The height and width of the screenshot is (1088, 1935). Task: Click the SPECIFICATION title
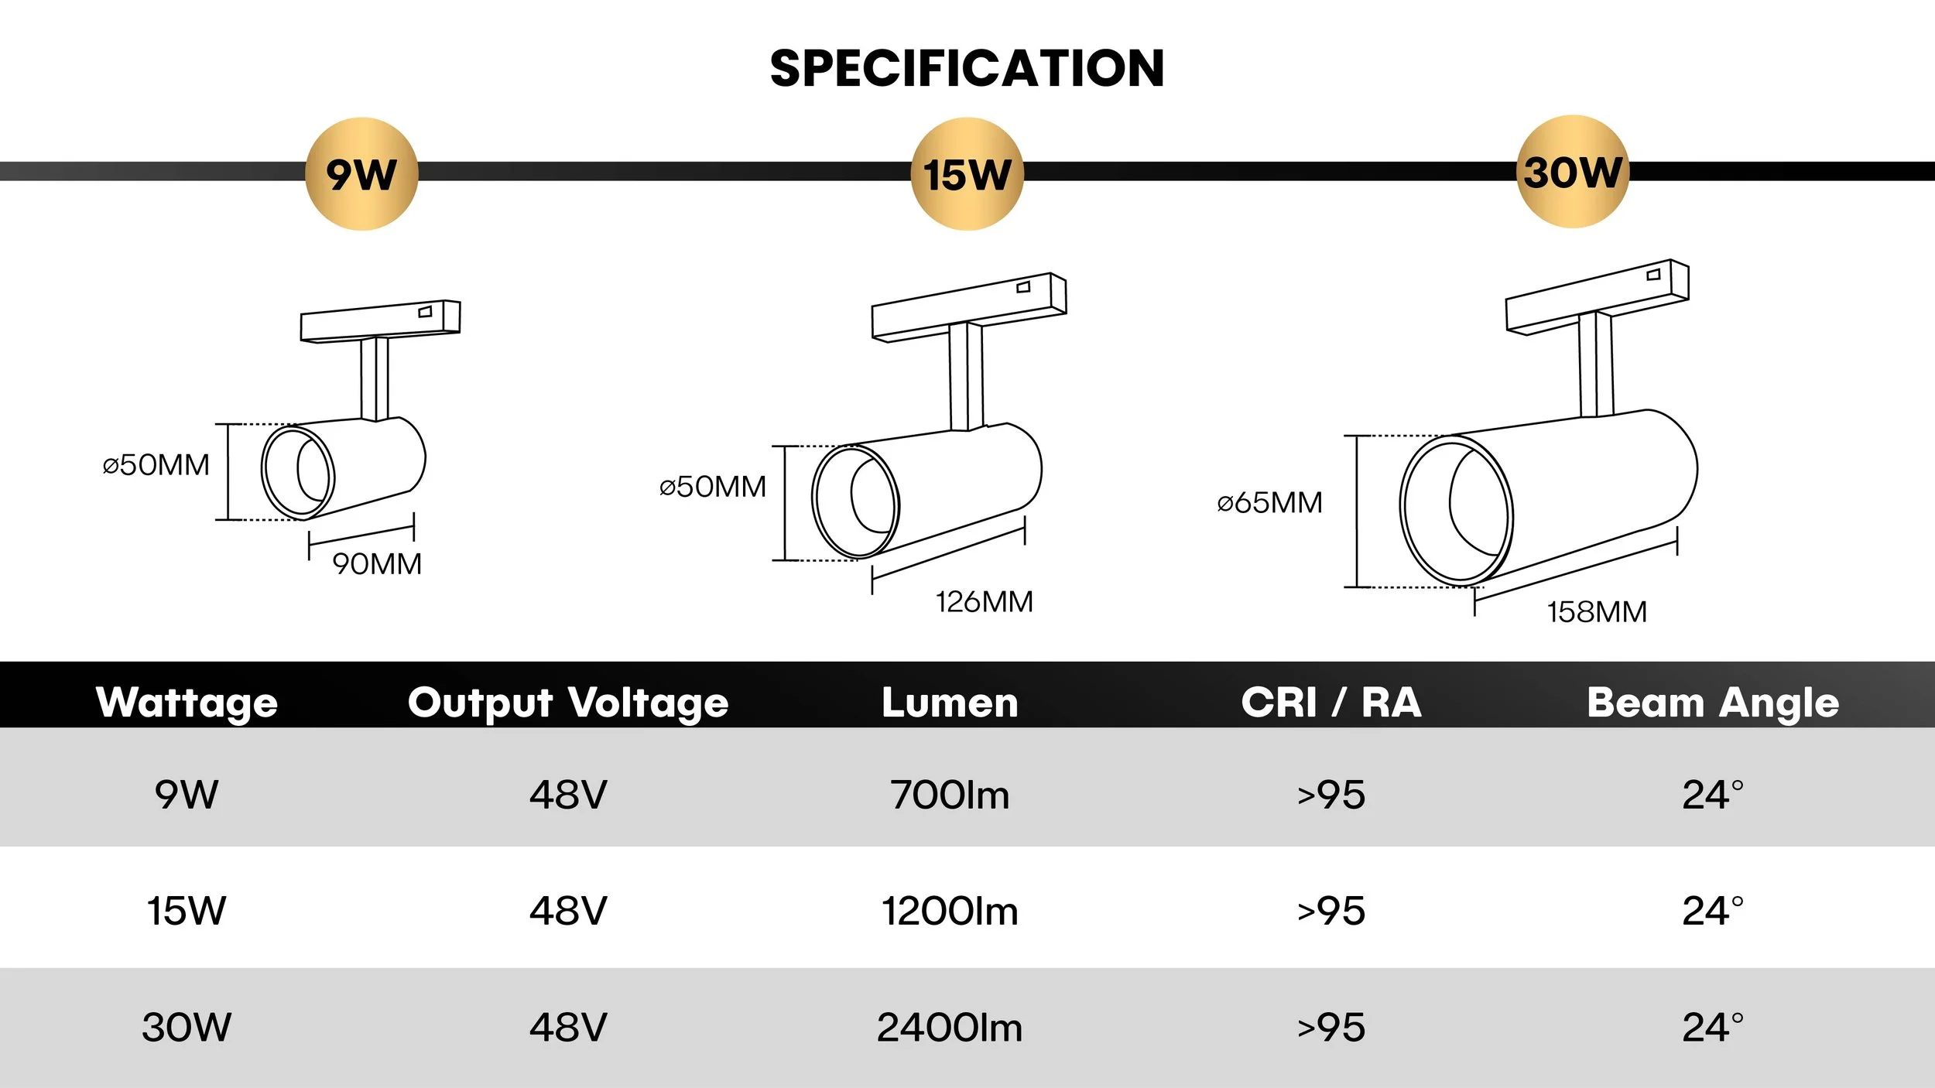click(x=967, y=68)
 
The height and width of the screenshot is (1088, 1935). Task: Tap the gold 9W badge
click(x=361, y=174)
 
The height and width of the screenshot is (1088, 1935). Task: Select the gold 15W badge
click(x=967, y=174)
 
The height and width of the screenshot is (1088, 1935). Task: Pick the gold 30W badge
click(x=1572, y=172)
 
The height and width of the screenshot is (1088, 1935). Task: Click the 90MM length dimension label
click(x=377, y=564)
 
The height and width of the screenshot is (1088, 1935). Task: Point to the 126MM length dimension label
click(x=984, y=602)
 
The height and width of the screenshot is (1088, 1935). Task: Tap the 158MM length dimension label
click(x=1597, y=612)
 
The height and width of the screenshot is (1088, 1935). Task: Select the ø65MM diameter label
click(x=1269, y=503)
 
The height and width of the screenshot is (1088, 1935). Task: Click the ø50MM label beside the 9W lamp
click(x=156, y=465)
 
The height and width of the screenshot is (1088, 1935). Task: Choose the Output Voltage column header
click(x=568, y=703)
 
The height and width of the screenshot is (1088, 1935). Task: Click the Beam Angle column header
click(x=1713, y=703)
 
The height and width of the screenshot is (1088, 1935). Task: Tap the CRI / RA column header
click(x=1331, y=703)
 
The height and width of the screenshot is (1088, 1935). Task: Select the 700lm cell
click(x=950, y=795)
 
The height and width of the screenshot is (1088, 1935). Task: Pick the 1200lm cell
click(x=950, y=911)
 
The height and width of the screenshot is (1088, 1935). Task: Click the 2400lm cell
click(x=950, y=1028)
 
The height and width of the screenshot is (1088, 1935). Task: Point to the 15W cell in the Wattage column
click(x=187, y=911)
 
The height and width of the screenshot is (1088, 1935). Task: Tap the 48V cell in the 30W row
click(x=568, y=1028)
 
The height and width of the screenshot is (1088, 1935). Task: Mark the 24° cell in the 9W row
click(x=1713, y=795)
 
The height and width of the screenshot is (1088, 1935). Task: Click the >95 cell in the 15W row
click(x=1331, y=911)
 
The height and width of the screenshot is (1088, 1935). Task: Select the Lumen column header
click(x=950, y=703)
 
